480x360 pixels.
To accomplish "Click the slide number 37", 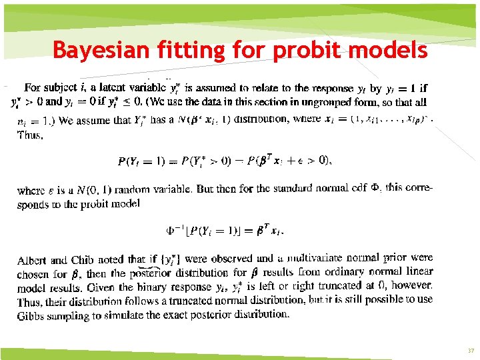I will (471, 351).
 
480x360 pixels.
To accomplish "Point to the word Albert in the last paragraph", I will (32, 260).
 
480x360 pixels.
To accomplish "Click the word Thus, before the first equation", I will (30, 134).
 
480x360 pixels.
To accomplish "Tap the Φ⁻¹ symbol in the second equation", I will (175, 231).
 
